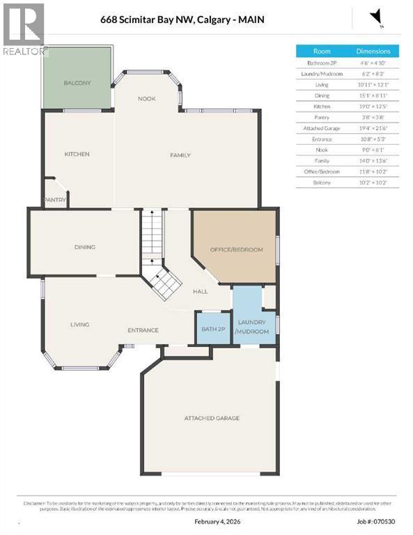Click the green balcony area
(77, 78)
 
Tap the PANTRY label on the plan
(55, 200)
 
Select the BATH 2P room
(211, 329)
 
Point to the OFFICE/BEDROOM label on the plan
(237, 249)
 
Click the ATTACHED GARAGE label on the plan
(212, 418)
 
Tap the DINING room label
(85, 247)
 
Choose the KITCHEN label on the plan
(77, 154)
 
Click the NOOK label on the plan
(146, 99)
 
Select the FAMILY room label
(180, 155)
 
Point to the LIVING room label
(80, 324)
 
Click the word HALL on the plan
(201, 292)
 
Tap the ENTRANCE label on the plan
(142, 330)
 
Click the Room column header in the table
(322, 52)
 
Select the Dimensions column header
(373, 52)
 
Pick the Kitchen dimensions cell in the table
(373, 107)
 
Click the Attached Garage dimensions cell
(373, 128)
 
